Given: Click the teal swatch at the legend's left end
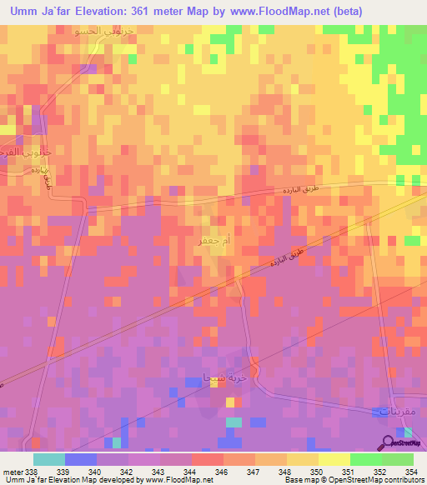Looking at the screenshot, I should coord(48,459).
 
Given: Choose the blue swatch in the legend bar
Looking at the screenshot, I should coord(80,459).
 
